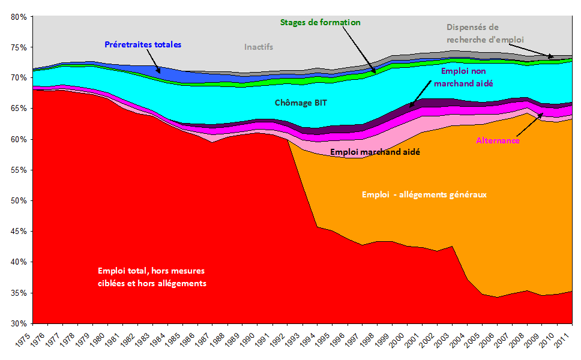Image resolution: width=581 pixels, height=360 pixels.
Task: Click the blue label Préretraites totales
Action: coord(142,44)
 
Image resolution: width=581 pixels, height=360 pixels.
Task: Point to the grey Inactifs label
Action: coord(259,47)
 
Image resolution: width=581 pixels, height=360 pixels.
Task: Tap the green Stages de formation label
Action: coord(320,22)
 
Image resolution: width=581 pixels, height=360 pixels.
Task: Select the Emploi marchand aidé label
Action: coord(374,152)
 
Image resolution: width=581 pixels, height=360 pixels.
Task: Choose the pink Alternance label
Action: coord(498,140)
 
